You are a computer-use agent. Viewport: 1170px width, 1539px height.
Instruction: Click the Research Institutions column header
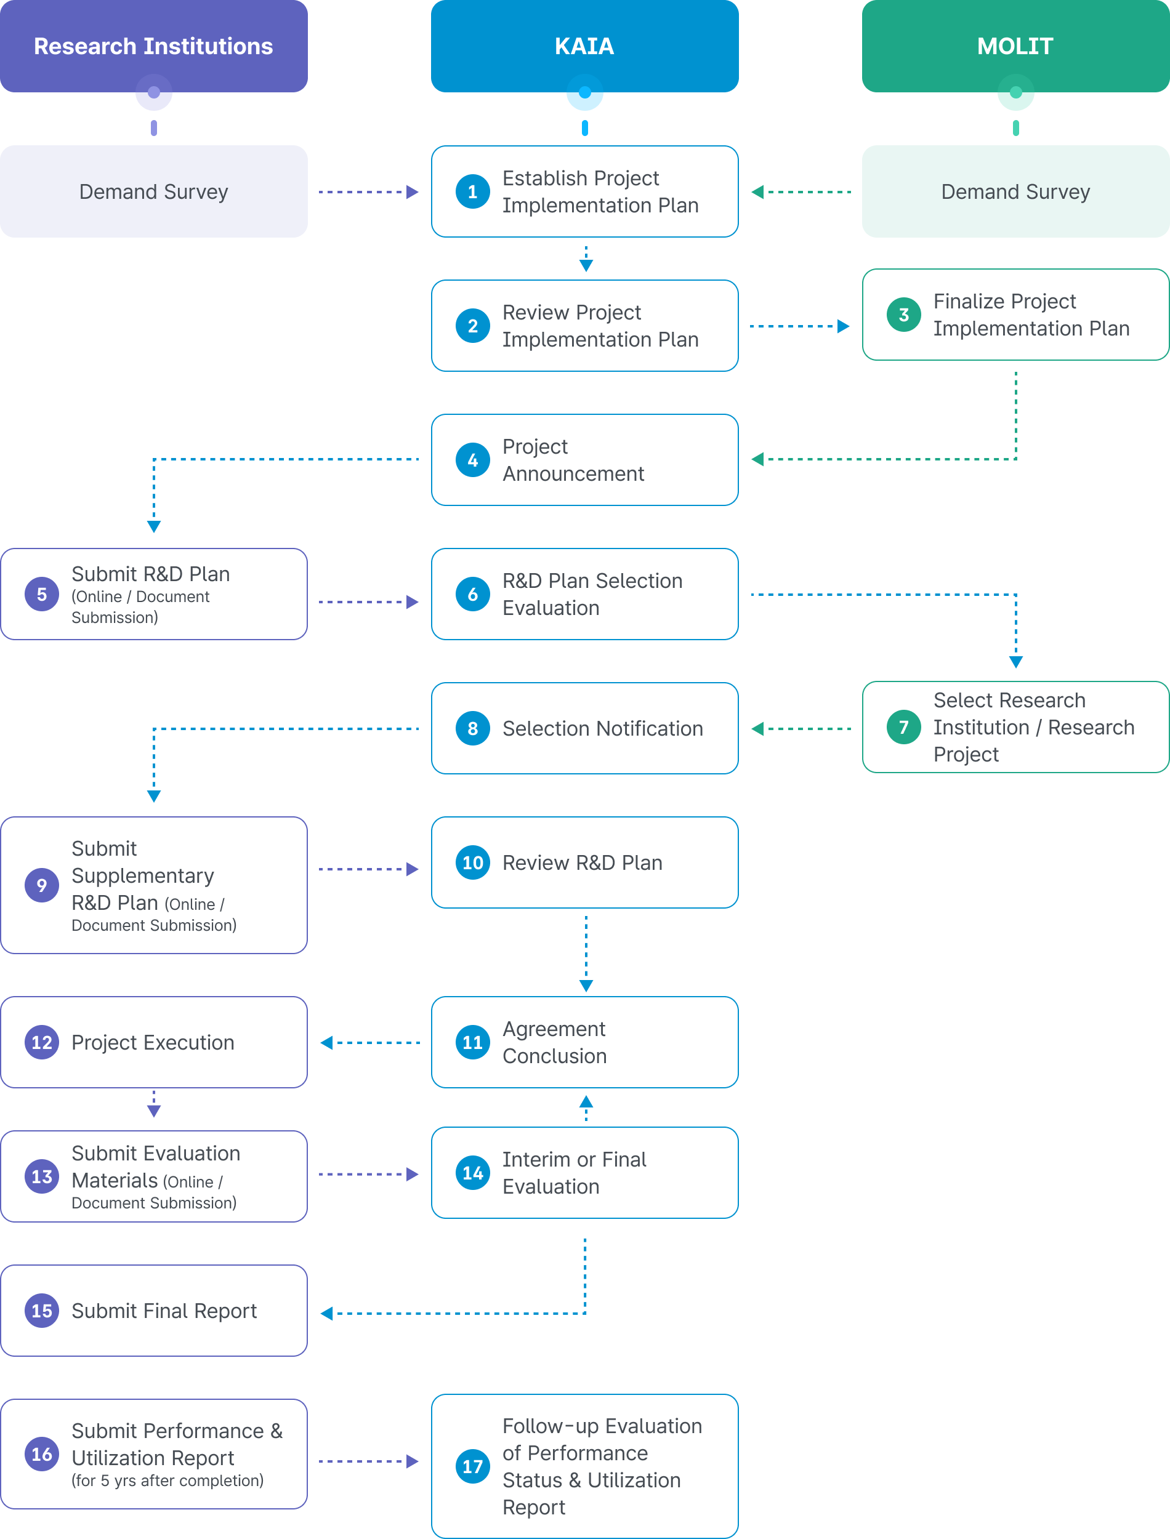153,46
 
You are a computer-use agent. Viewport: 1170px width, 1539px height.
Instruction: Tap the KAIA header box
584,46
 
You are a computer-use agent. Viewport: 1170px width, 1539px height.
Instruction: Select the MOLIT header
1015,46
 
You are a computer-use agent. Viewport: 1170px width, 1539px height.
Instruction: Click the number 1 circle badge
473,191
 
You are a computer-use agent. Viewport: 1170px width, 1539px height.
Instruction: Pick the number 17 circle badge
473,1466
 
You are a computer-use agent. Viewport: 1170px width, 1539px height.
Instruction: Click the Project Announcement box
584,459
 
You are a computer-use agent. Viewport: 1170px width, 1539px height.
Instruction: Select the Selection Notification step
584,728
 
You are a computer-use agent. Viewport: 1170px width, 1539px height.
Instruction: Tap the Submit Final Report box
154,1311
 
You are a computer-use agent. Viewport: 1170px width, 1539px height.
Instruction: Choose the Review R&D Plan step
584,862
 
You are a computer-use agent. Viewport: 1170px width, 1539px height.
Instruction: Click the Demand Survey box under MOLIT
1015,191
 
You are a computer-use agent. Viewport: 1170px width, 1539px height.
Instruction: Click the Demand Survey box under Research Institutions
154,191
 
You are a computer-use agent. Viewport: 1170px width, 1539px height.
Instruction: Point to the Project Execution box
154,1042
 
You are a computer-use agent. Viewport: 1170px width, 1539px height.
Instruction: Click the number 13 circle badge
42,1176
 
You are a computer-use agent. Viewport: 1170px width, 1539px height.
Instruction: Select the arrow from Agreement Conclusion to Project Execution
370,1043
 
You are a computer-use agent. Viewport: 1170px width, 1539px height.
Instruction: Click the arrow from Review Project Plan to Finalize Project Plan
799,326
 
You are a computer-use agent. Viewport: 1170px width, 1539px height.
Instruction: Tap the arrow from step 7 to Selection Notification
801,729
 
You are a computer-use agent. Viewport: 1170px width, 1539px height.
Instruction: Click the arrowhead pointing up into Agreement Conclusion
586,1101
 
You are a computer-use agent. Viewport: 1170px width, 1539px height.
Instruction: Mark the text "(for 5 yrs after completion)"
167,1481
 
